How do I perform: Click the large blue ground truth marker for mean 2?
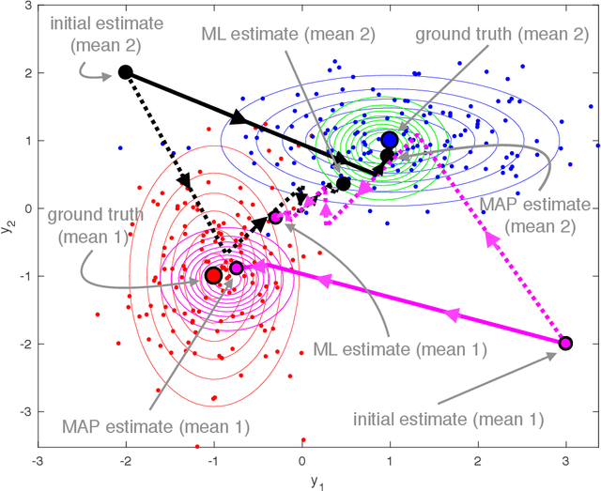390,140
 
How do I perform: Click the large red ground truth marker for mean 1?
213,275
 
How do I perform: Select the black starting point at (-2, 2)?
125,72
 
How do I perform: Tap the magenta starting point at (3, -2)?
565,343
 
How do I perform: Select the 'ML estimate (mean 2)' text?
287,34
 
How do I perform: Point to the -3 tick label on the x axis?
37,461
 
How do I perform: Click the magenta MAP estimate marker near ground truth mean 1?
237,268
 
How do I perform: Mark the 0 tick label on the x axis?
301,461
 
